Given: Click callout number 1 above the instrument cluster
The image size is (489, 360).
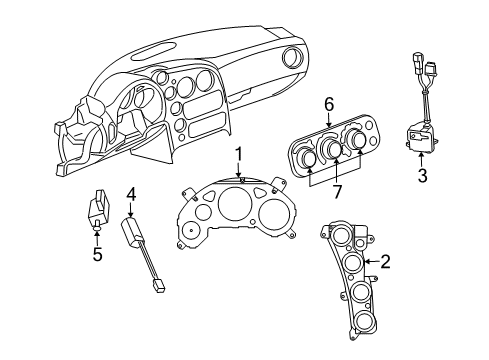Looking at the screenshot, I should point(239,154).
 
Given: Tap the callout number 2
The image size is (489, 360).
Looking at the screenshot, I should point(385,263).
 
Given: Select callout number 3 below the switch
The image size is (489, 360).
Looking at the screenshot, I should point(422,177).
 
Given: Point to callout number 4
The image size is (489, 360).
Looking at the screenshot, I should point(131,193).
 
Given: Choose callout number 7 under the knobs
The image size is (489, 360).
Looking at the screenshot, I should point(336,190).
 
